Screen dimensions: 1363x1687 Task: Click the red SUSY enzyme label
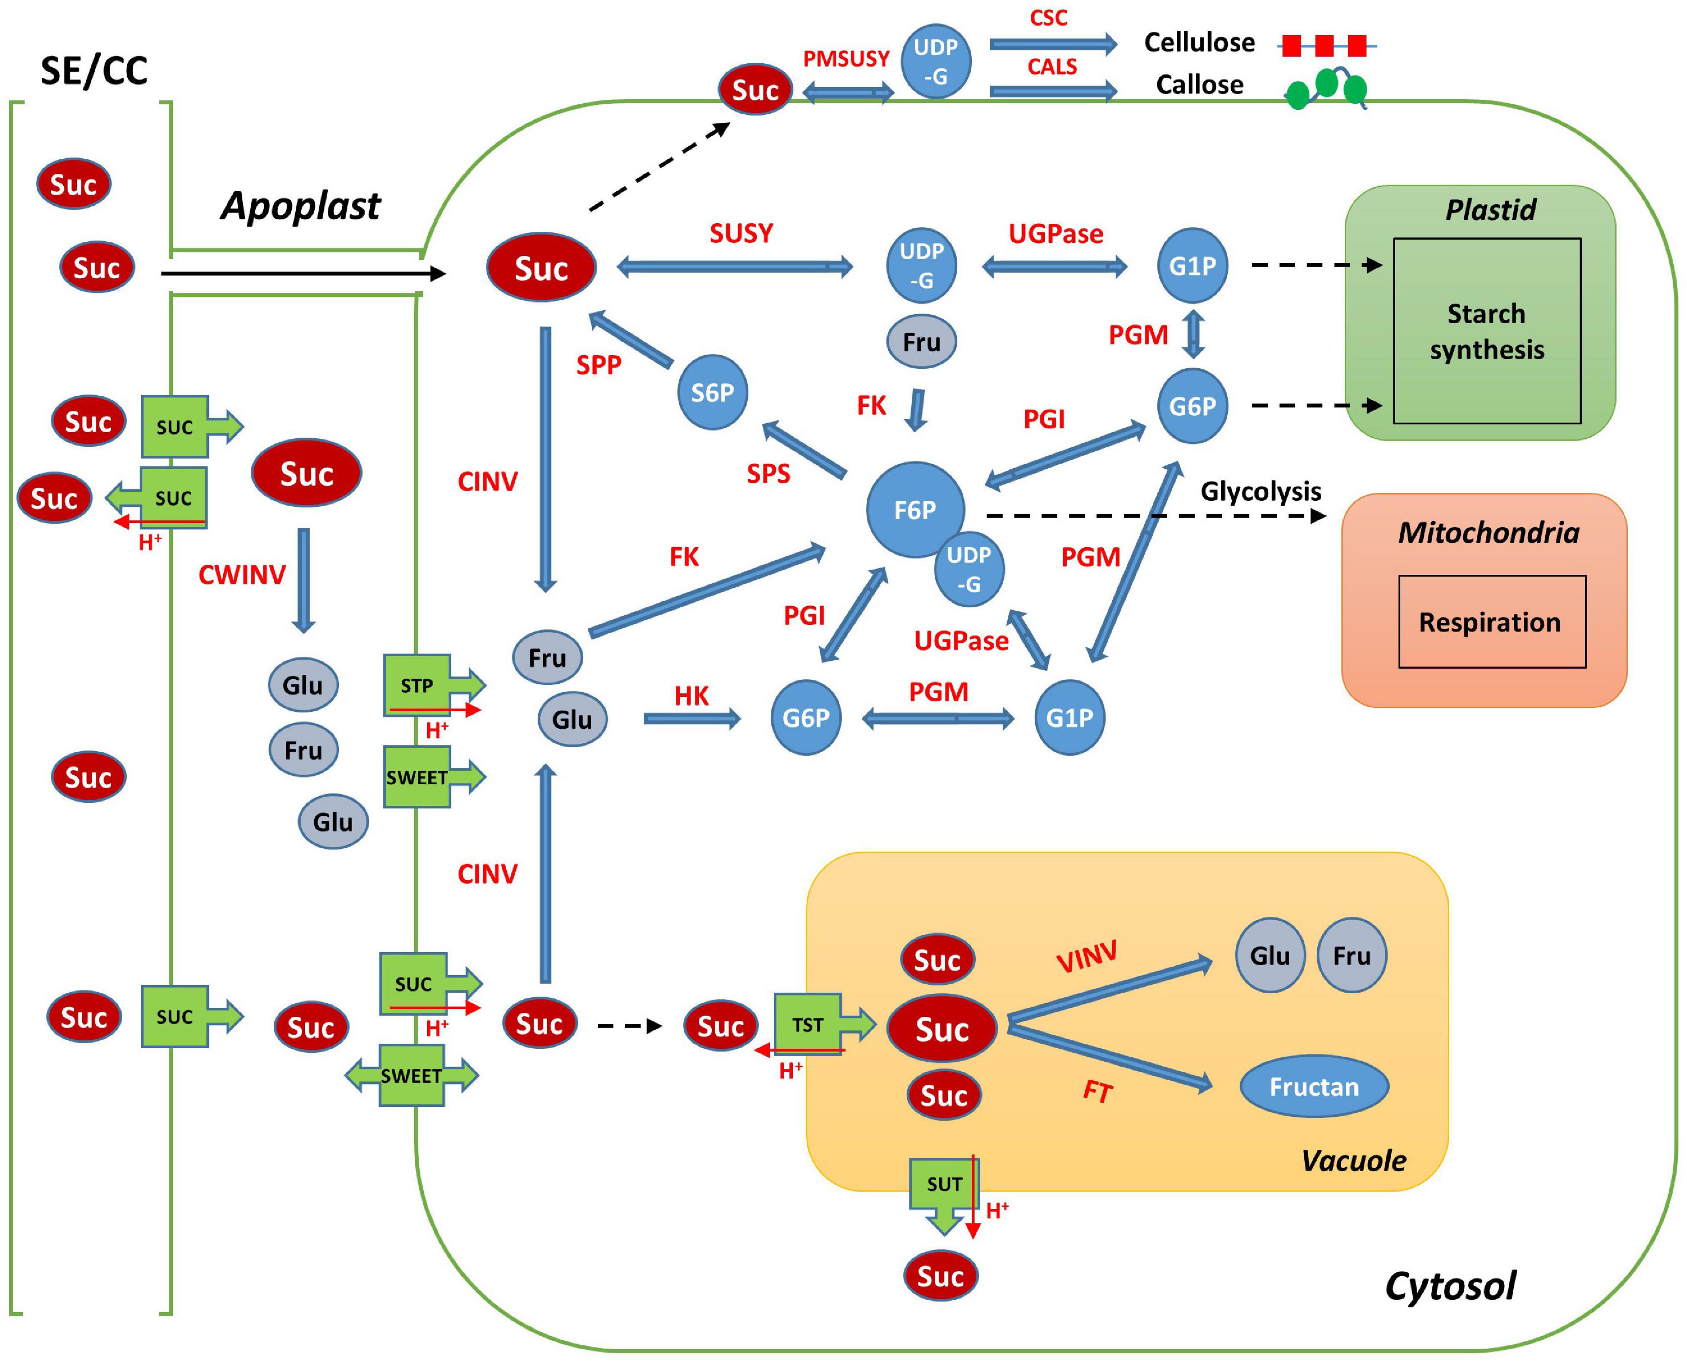[741, 233]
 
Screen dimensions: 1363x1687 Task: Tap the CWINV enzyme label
[242, 575]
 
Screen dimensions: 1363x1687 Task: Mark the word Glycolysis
[1260, 492]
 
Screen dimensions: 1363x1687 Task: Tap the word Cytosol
[1450, 1286]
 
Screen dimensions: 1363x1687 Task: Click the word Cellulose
[1199, 42]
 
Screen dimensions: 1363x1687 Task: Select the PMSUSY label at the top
[845, 59]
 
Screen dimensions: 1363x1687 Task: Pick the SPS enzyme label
[768, 473]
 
